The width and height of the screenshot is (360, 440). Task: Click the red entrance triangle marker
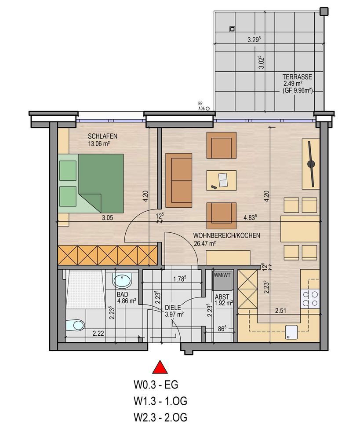(160, 367)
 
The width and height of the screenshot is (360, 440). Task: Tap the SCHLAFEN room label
(102, 136)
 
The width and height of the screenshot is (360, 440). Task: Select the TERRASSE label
(297, 77)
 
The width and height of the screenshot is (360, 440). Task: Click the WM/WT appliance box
(222, 281)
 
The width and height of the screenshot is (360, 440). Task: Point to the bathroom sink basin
(122, 281)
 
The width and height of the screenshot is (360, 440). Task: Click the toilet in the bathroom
(75, 325)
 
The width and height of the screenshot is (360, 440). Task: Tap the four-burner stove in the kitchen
(310, 299)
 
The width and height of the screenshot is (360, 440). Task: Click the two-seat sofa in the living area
(179, 180)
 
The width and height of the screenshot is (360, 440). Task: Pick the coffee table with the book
(222, 180)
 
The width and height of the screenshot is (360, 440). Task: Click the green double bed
(91, 183)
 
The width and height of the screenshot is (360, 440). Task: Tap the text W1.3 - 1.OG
(160, 401)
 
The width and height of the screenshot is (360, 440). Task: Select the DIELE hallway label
(173, 308)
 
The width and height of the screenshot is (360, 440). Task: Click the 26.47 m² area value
(205, 243)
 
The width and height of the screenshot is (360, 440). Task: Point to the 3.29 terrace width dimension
(255, 40)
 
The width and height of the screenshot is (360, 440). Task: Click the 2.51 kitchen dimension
(280, 310)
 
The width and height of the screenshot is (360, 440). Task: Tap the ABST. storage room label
(222, 297)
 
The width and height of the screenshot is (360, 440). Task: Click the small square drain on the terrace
(232, 29)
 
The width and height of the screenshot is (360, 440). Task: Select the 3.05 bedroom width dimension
(107, 217)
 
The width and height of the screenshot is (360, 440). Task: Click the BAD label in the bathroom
(123, 294)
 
